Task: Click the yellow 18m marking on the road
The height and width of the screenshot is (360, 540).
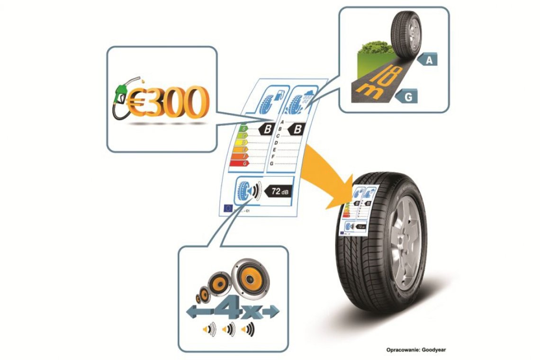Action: pos(374,81)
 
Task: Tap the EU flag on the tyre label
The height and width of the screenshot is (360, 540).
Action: pos(228,207)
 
